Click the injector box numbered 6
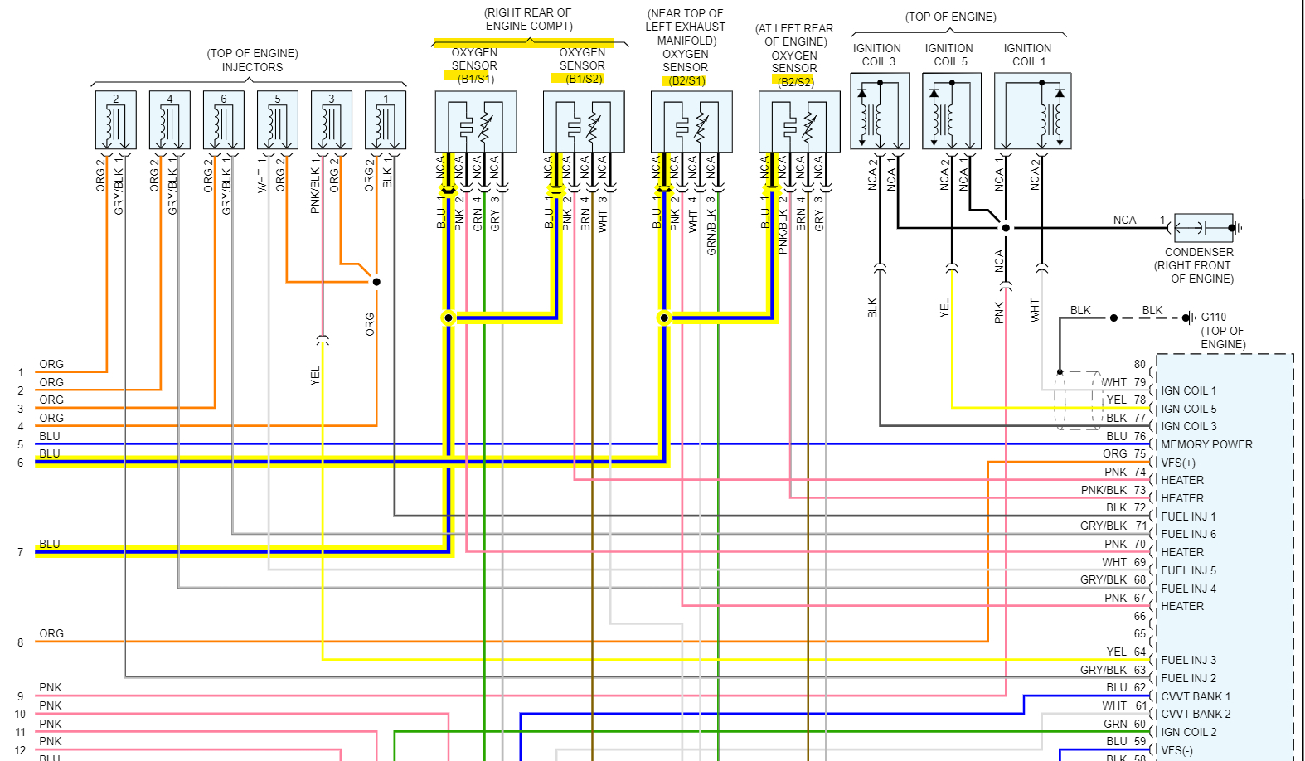(x=224, y=120)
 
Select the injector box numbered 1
(x=386, y=120)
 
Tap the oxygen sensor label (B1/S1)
(x=476, y=79)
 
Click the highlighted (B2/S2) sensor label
(x=794, y=81)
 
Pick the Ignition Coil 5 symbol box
(x=952, y=111)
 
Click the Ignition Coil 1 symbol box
(x=1032, y=111)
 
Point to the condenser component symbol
(x=1203, y=227)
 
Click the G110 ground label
(x=1213, y=317)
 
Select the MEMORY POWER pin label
(x=1206, y=444)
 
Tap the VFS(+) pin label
(x=1178, y=463)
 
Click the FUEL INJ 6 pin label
(x=1188, y=534)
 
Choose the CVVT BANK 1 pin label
(x=1196, y=696)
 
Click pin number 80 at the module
(x=1139, y=364)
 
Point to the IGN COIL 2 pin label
(x=1188, y=732)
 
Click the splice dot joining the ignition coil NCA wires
(x=1006, y=227)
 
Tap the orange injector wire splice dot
(x=376, y=282)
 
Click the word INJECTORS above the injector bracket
(x=252, y=67)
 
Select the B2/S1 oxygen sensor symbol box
(x=691, y=122)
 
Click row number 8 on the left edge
(x=20, y=642)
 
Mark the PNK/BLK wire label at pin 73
(x=1104, y=490)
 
